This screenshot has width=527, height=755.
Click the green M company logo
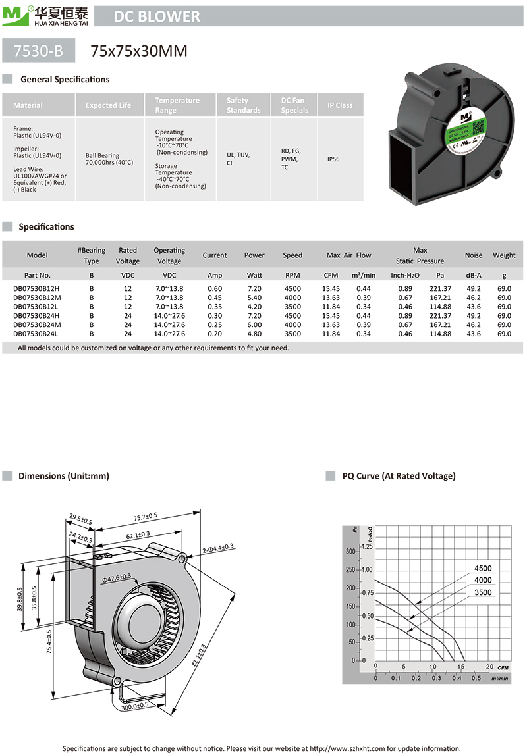pyautogui.click(x=14, y=14)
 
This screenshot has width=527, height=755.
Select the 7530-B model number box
pyautogui.click(x=38, y=50)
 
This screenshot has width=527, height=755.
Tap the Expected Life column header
pyautogui.click(x=108, y=105)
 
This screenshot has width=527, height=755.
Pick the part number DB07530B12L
pyautogui.click(x=36, y=307)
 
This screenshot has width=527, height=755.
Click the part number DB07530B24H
pyautogui.click(x=36, y=316)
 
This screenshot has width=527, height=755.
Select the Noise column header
pyautogui.click(x=473, y=255)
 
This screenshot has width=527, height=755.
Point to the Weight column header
pyautogui.click(x=504, y=255)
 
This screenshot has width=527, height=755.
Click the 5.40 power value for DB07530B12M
pyautogui.click(x=254, y=298)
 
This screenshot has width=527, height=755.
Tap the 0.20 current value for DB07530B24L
pyautogui.click(x=215, y=334)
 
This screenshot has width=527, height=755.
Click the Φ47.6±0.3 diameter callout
pyautogui.click(x=117, y=577)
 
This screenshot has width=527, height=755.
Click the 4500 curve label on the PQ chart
pyautogui.click(x=483, y=569)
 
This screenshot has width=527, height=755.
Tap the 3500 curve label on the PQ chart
pyautogui.click(x=483, y=592)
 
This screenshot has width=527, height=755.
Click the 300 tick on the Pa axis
pyautogui.click(x=350, y=551)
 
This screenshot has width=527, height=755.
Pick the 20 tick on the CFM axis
pyautogui.click(x=489, y=666)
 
